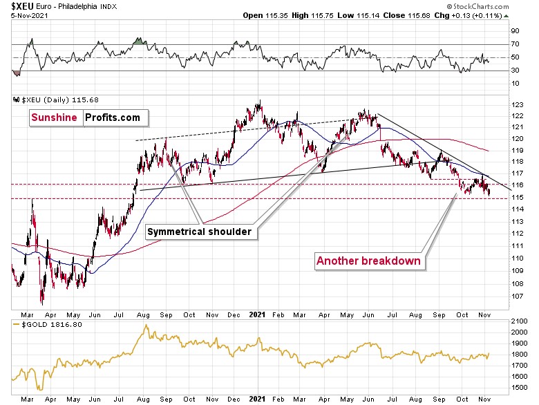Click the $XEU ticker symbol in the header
(x=17, y=6)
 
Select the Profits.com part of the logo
(x=113, y=117)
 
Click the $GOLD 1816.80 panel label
(x=45, y=322)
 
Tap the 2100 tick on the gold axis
(x=519, y=321)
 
